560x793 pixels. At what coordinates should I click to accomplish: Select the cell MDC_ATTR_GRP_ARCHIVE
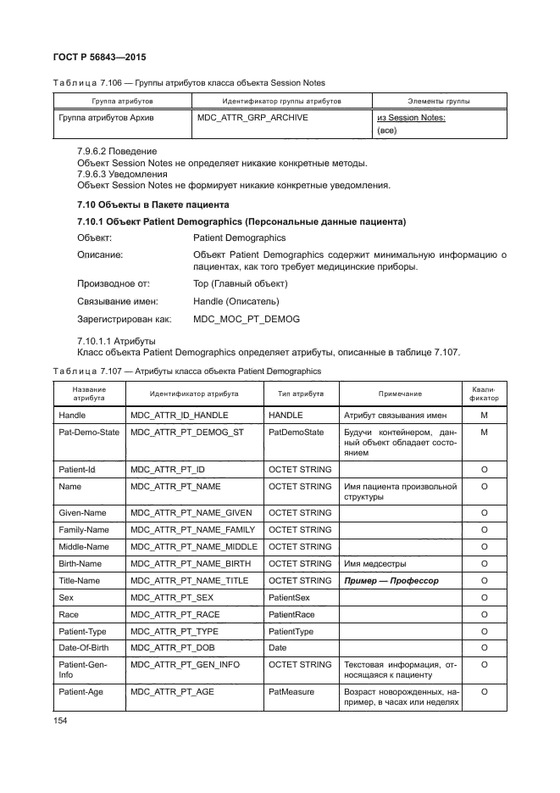252,118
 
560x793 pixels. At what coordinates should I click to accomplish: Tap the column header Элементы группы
439,101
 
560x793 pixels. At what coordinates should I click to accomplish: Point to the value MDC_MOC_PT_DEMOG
247,319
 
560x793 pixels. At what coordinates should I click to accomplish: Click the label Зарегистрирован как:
125,319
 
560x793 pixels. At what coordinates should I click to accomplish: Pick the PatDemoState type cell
296,433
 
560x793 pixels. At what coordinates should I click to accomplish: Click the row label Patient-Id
77,469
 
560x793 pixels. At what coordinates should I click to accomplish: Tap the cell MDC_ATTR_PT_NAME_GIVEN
191,512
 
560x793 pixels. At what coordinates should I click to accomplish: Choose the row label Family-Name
84,529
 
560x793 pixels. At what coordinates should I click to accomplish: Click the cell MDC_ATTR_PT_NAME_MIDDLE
194,546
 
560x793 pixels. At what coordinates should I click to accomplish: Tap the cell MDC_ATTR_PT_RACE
175,614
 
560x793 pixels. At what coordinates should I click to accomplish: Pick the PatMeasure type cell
291,692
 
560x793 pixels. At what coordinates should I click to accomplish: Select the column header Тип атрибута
301,394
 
